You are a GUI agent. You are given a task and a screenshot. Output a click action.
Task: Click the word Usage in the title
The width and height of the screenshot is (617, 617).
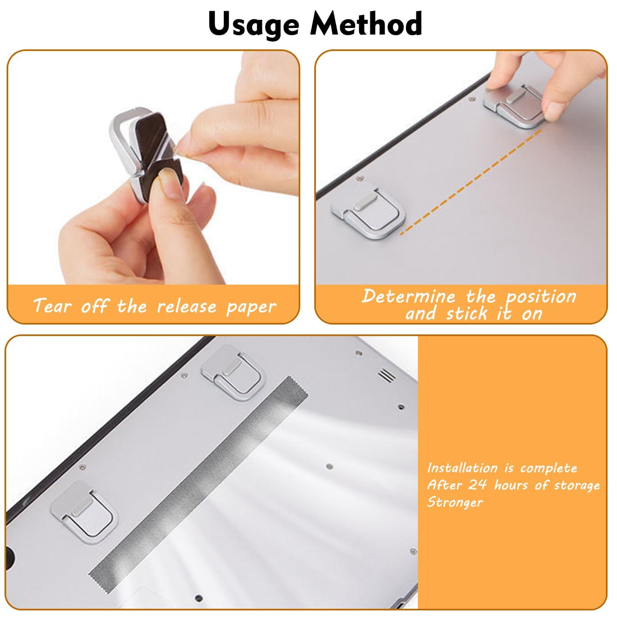[253, 24]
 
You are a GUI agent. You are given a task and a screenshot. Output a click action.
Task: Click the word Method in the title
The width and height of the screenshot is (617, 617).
[366, 23]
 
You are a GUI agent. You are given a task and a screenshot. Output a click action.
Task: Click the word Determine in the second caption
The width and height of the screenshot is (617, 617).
[408, 296]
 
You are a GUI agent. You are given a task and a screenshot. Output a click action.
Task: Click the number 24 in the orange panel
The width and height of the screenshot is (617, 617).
[478, 485]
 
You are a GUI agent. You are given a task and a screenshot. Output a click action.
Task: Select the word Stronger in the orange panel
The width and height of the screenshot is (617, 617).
[455, 502]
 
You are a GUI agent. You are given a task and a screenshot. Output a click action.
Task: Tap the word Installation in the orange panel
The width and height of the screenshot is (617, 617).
[462, 468]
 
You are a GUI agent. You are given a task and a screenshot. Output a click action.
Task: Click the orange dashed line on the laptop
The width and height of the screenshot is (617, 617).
[471, 181]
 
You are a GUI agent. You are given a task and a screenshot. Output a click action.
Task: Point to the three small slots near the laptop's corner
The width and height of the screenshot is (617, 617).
[387, 375]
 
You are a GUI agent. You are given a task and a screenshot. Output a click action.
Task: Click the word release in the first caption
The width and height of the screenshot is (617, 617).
[187, 306]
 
